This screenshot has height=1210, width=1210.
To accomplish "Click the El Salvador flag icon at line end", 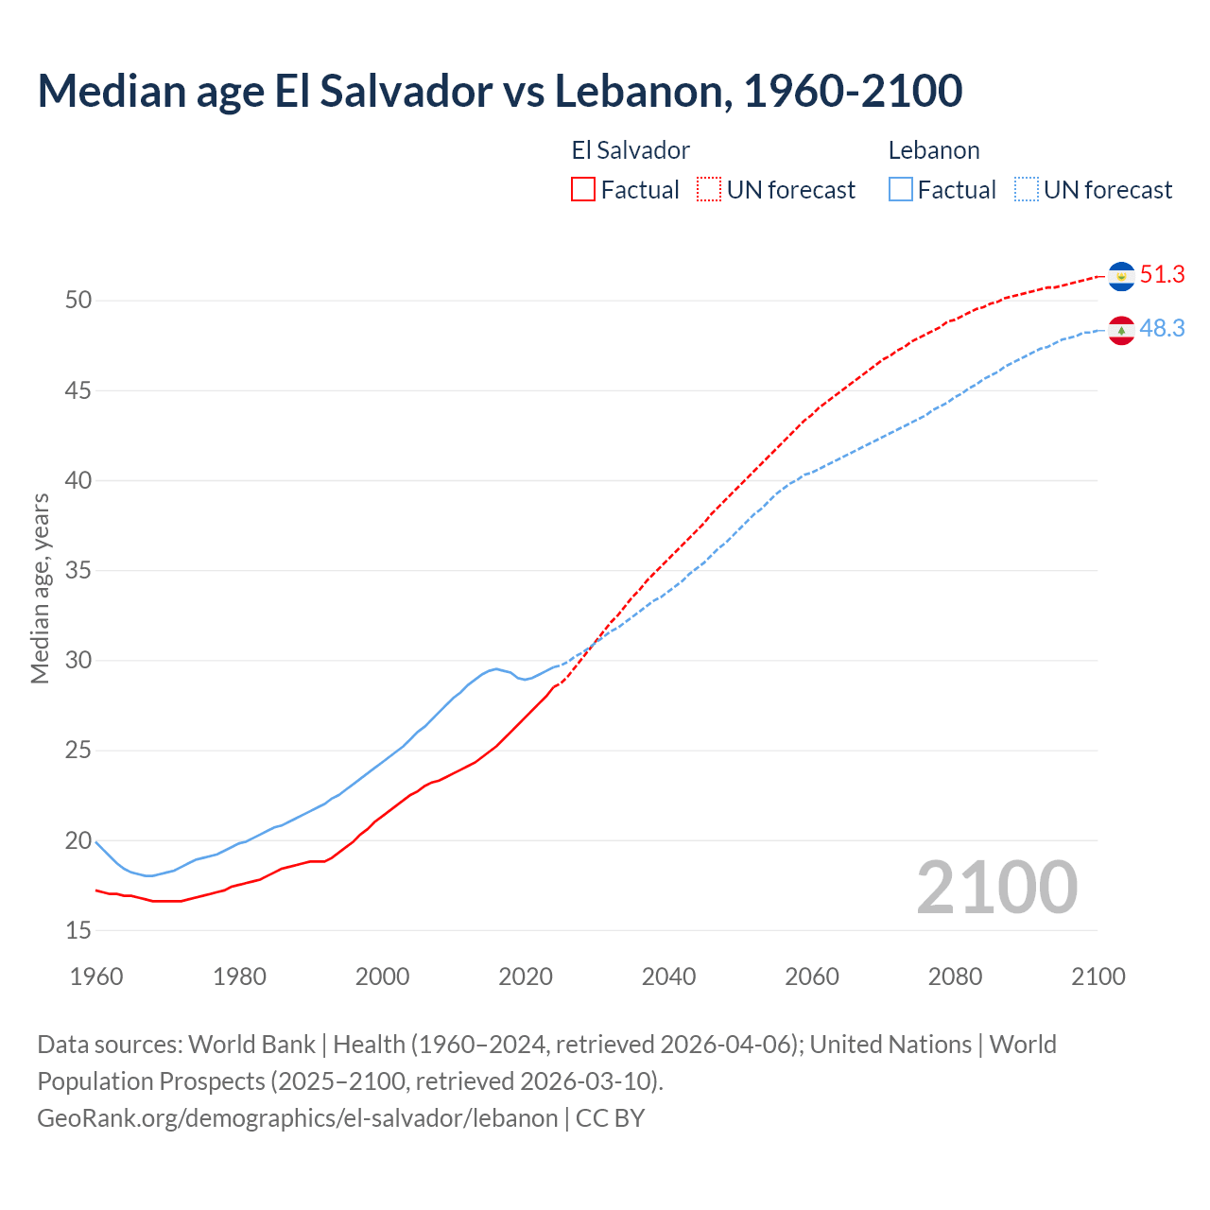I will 1121,276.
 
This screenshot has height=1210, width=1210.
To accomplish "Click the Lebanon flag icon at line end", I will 1121,330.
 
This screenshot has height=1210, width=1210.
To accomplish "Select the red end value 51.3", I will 1162,275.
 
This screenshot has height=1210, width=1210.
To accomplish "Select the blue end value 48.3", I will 1162,329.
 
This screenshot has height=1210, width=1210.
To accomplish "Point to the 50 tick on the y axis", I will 78,301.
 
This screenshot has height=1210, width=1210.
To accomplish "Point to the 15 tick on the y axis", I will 78,931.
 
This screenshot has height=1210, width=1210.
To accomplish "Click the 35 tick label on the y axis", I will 78,571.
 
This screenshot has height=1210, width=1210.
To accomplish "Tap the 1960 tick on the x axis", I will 96,977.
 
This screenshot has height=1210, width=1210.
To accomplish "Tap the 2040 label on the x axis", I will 668,977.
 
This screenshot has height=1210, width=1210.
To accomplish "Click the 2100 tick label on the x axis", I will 1098,977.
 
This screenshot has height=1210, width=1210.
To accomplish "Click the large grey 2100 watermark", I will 996,888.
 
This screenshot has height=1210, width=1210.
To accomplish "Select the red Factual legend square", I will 583,190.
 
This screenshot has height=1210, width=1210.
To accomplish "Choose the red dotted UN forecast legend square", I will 709,190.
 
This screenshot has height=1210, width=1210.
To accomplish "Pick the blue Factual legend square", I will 901,190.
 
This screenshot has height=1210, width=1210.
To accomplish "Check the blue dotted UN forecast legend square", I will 1027,190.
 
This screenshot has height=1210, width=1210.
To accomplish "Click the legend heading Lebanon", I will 933,150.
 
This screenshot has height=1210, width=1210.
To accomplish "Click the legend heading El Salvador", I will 631,150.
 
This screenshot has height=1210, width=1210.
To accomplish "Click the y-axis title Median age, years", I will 40,588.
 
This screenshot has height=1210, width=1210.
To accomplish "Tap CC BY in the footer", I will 610,1118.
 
